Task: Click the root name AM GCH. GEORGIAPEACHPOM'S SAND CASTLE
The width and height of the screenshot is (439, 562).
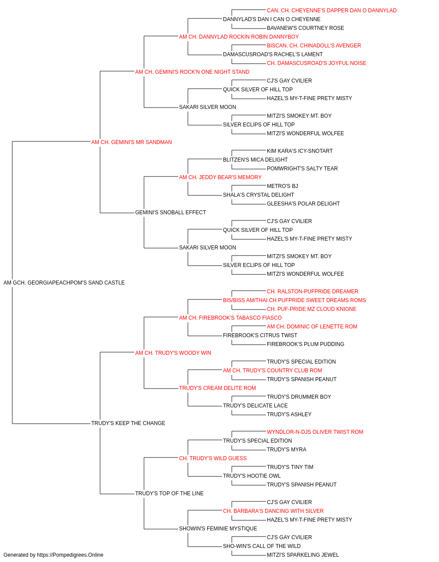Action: (64, 283)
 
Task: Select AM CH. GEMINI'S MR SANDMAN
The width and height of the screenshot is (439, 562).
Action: (132, 142)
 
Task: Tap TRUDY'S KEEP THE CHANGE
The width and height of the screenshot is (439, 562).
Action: (128, 423)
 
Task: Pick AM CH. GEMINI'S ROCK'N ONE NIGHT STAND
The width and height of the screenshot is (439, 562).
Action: (192, 72)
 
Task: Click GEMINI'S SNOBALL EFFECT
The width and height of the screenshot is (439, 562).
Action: (171, 213)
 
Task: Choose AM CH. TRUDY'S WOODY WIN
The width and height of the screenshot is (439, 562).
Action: (173, 353)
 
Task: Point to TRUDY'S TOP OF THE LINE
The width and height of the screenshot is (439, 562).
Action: (169, 493)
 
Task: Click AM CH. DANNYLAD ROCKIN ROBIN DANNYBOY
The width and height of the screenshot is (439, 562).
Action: (239, 37)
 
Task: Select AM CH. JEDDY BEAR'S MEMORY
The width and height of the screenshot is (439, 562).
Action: (220, 177)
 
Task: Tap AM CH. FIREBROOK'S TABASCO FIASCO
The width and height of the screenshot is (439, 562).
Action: (230, 317)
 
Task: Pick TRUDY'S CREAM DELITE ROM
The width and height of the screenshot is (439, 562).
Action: (217, 388)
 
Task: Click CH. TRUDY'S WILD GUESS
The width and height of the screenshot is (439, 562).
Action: (213, 458)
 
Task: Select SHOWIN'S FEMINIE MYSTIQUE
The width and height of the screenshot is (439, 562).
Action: (218, 528)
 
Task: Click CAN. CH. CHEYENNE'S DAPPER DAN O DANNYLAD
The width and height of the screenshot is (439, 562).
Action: (332, 11)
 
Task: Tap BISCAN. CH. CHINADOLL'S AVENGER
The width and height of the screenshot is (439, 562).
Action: (314, 46)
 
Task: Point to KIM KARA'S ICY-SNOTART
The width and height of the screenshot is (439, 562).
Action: (300, 151)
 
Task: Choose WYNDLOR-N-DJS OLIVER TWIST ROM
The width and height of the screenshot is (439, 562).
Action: (315, 432)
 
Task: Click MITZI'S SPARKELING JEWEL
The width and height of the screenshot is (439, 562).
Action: (303, 555)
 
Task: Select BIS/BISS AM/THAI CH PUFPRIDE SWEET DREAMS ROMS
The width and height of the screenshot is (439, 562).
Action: (295, 300)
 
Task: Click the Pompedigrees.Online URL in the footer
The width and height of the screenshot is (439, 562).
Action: (70, 555)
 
